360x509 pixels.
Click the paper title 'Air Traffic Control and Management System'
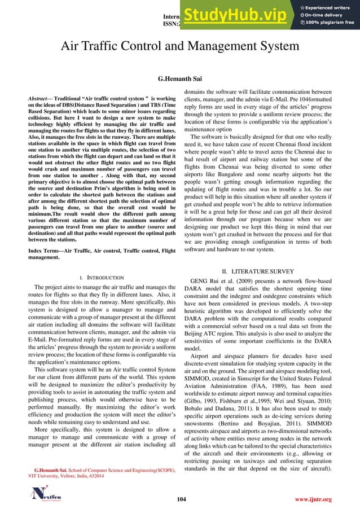[x=180, y=46]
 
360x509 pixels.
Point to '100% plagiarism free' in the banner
[x=327, y=23]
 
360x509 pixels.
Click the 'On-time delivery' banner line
[x=322, y=14]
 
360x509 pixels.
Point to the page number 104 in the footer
[x=180, y=499]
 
